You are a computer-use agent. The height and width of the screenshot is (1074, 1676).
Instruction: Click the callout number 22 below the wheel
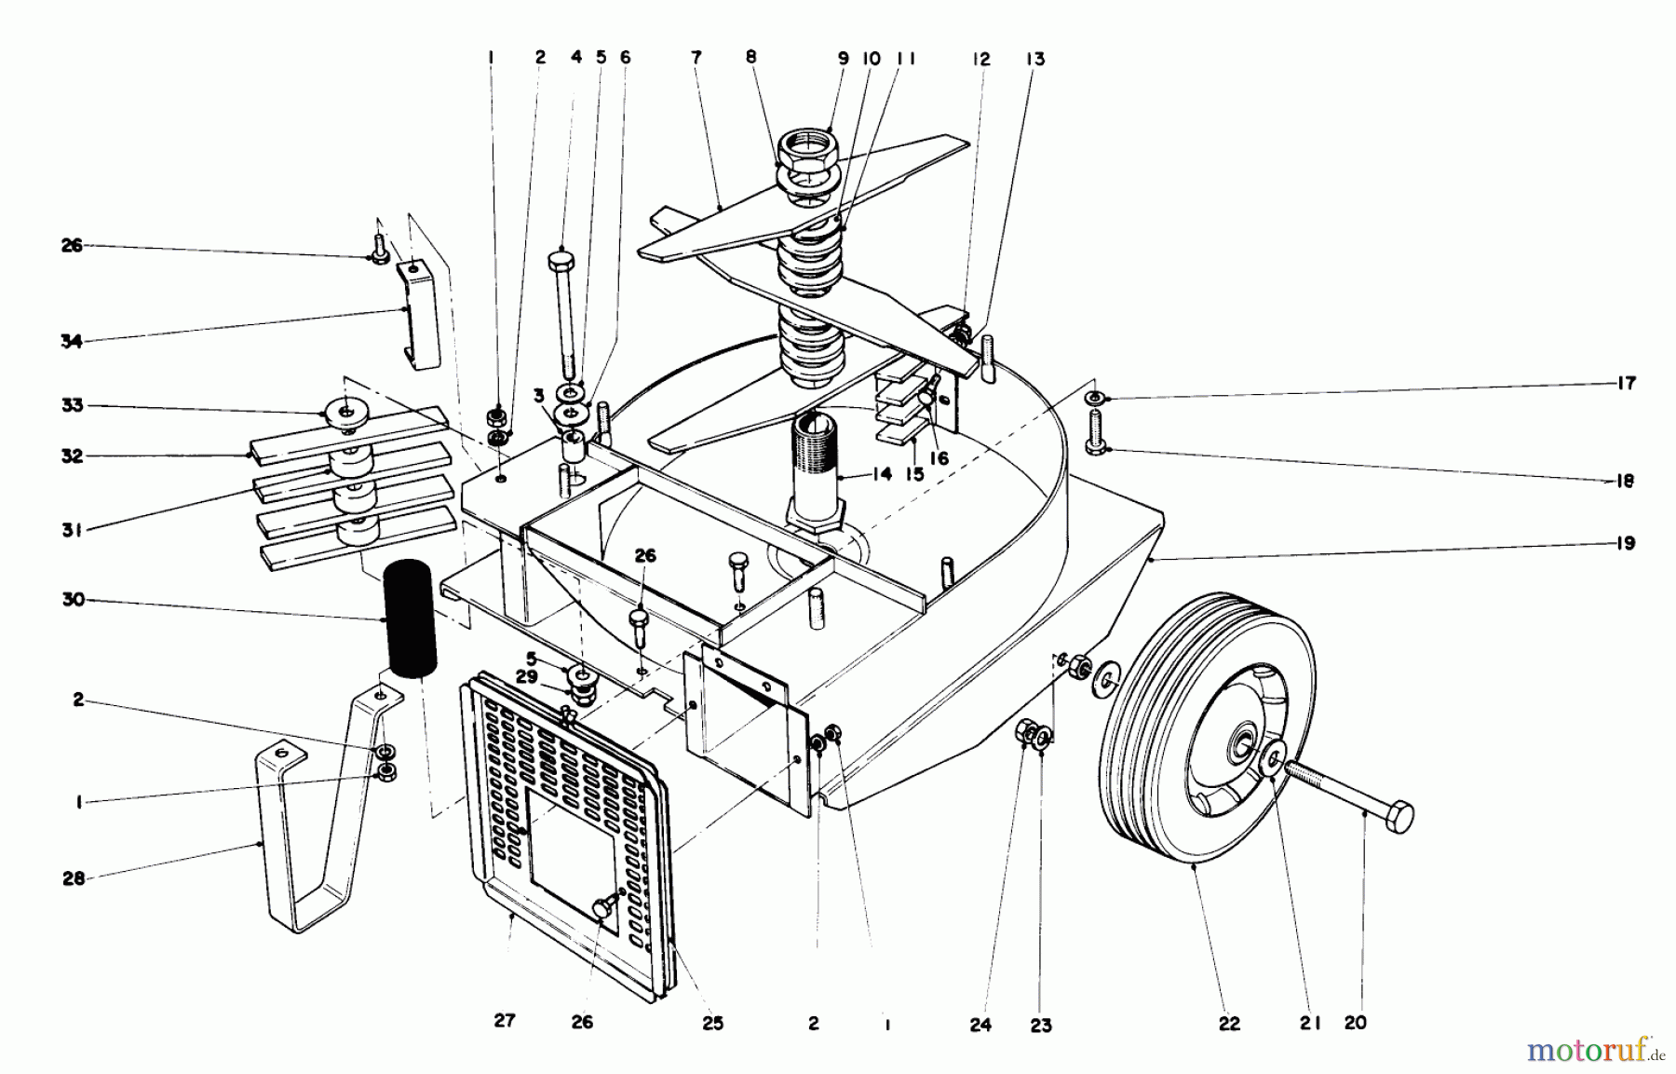pyautogui.click(x=1229, y=1023)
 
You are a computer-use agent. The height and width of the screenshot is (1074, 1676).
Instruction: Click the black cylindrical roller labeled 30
pyautogui.click(x=410, y=619)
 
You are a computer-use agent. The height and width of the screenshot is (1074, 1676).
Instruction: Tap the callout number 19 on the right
pyautogui.click(x=1625, y=543)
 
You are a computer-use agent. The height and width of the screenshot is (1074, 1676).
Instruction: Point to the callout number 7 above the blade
pyautogui.click(x=696, y=58)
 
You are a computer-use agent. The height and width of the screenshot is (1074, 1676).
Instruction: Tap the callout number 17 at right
pyautogui.click(x=1625, y=383)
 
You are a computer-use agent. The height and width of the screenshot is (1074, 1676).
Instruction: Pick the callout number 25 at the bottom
pyautogui.click(x=712, y=1023)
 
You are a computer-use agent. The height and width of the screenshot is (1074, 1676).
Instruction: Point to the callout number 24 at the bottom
pyautogui.click(x=980, y=1025)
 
